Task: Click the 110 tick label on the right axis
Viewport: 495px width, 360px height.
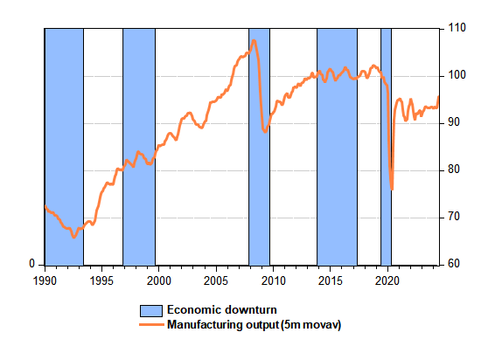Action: (x=457, y=28)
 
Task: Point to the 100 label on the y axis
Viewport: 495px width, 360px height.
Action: (x=457, y=75)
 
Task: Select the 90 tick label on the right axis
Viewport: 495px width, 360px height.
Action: (x=454, y=122)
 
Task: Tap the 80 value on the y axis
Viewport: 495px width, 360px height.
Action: (x=454, y=170)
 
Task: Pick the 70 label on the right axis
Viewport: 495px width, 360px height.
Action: (x=454, y=217)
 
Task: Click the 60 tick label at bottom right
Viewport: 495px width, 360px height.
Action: (x=454, y=264)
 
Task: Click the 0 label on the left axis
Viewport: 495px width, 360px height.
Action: (x=31, y=264)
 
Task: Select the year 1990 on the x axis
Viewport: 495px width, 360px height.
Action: (x=45, y=280)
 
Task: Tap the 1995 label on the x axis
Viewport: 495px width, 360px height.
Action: (x=101, y=280)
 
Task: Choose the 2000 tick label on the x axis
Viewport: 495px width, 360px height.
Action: (x=159, y=280)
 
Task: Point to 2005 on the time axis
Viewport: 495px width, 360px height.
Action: (x=216, y=280)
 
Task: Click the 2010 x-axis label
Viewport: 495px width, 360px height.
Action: (x=273, y=280)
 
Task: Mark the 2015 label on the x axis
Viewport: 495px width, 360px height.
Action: (x=331, y=280)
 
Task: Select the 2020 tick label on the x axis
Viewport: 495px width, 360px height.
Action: (x=387, y=280)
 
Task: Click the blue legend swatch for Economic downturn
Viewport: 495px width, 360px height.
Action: (x=151, y=311)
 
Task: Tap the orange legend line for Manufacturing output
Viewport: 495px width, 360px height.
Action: (x=151, y=325)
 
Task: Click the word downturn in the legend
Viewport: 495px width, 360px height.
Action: (x=253, y=310)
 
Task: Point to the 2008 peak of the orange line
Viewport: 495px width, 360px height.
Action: (x=254, y=40)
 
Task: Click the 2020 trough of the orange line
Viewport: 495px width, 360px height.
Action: (x=392, y=190)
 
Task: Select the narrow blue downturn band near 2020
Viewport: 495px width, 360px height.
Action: (x=386, y=147)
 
